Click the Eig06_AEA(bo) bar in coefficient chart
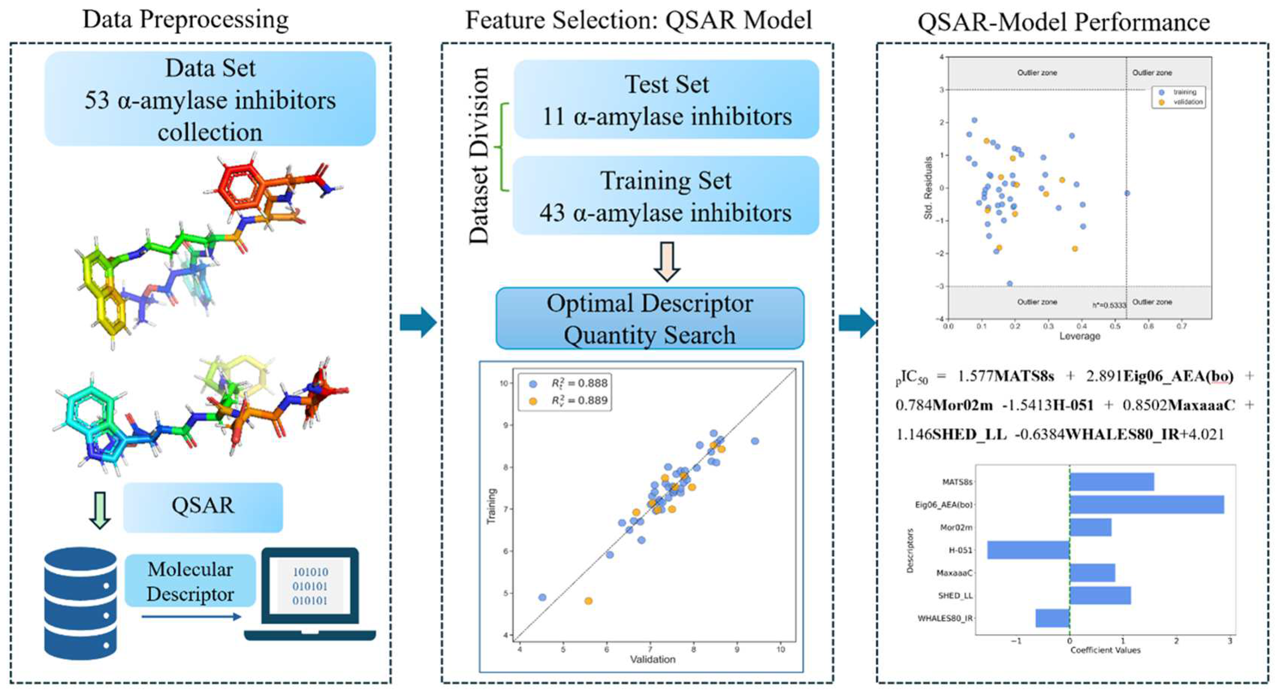[x=1146, y=504]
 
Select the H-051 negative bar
[x=1028, y=550]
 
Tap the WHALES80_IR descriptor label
[x=945, y=618]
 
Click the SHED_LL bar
[x=1100, y=596]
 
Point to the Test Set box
[x=666, y=99]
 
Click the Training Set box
[x=666, y=196]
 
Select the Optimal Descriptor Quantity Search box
[x=649, y=319]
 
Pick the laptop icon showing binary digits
[x=310, y=594]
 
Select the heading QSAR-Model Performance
[x=1063, y=22]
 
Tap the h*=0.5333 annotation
[x=1109, y=305]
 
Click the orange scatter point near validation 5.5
[x=588, y=601]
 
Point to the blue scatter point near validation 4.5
[x=542, y=597]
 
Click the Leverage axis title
[x=1079, y=336]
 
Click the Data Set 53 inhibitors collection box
[x=210, y=99]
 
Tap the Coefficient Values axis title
[x=1105, y=650]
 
